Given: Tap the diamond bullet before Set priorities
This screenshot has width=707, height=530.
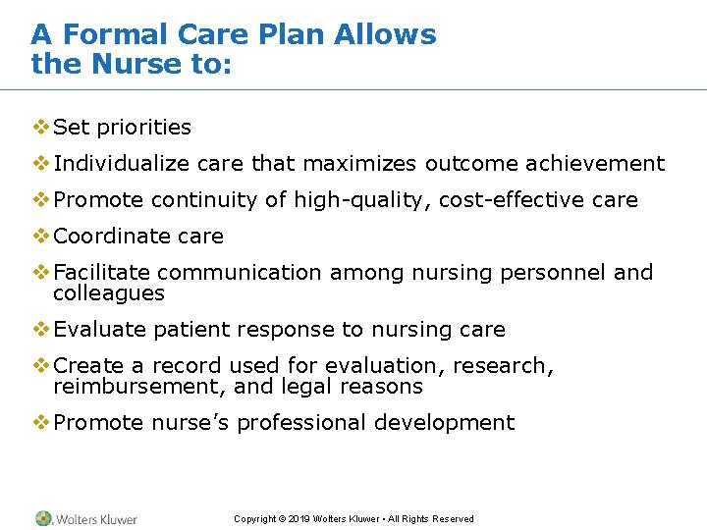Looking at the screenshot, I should pyautogui.click(x=40, y=127).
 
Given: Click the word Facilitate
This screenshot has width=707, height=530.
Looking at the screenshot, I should pyautogui.click(x=101, y=273).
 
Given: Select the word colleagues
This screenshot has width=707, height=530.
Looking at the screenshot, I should pyautogui.click(x=109, y=293).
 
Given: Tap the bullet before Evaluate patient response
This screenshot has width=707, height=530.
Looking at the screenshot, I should pyautogui.click(x=40, y=329).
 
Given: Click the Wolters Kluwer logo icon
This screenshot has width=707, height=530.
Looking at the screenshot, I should pyautogui.click(x=43, y=518).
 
